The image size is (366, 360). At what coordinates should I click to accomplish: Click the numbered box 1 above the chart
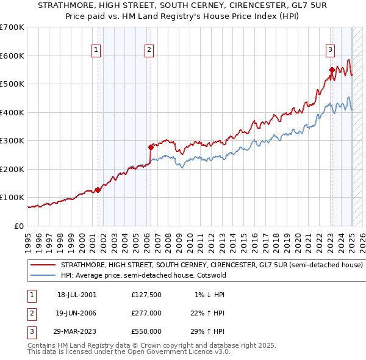pos(96,51)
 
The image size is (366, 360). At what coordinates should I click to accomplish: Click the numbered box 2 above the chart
pos(149,51)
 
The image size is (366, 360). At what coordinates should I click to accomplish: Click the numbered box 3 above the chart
pos(330,51)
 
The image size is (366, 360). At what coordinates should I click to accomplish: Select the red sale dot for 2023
pos(332,70)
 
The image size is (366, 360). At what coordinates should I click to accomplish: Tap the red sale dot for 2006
pos(151,147)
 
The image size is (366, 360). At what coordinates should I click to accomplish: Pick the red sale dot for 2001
pos(98,189)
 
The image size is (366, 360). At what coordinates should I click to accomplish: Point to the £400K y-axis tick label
pos(12,112)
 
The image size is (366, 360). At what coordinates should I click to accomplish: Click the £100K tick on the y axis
pos(12,198)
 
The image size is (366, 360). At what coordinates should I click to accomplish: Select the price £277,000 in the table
pos(146,313)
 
